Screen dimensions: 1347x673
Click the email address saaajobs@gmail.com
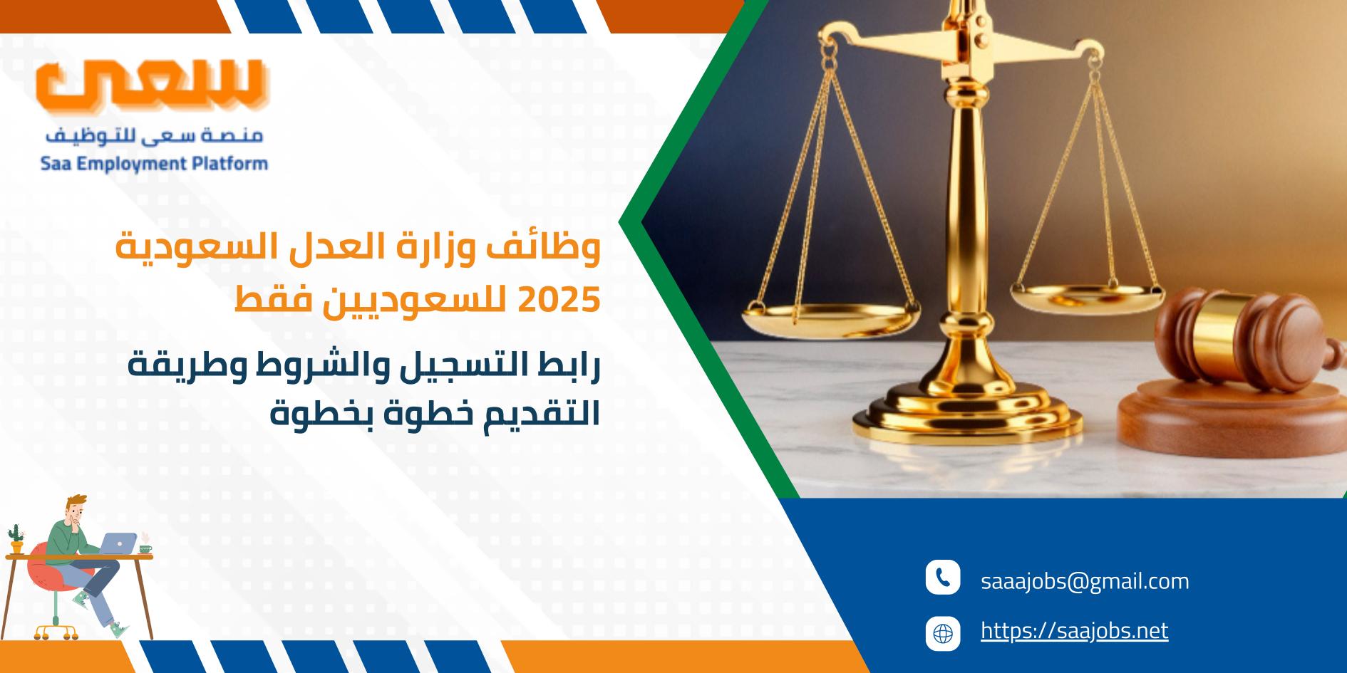(1085, 581)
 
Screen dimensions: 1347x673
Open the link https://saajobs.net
(1074, 630)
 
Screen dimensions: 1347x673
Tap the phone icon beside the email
(943, 578)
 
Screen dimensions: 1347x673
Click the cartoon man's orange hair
(76, 504)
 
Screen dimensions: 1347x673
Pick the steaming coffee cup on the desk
(145, 546)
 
